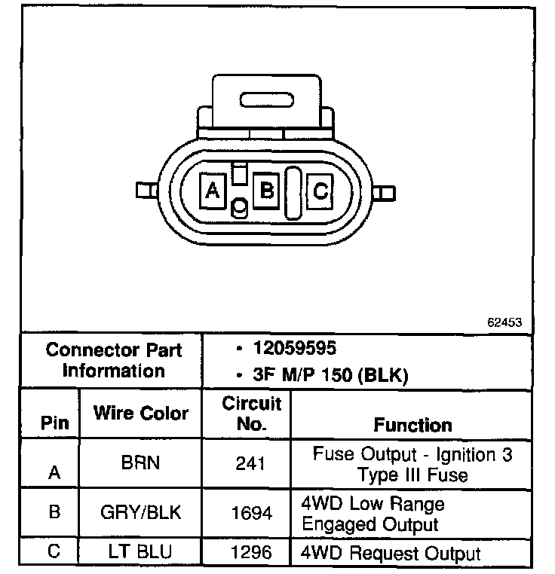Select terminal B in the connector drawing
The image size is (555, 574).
coord(266,189)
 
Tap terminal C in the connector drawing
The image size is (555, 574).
coord(320,191)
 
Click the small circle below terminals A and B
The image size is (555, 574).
coord(240,206)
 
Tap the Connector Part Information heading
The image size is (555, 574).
coord(113,360)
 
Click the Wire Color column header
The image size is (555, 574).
coord(141,413)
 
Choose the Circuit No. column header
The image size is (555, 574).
coord(251,414)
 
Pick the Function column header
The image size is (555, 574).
coord(412,425)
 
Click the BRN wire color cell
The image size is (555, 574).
coord(141,462)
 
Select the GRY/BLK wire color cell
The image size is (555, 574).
coord(141,513)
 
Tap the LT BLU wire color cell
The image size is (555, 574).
coord(141,552)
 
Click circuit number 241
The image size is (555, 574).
coord(250,463)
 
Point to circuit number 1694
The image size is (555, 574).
coord(250,514)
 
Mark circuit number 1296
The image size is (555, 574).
coord(250,553)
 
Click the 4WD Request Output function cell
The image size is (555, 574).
coord(391,554)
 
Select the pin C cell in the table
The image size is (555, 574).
coord(54,551)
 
